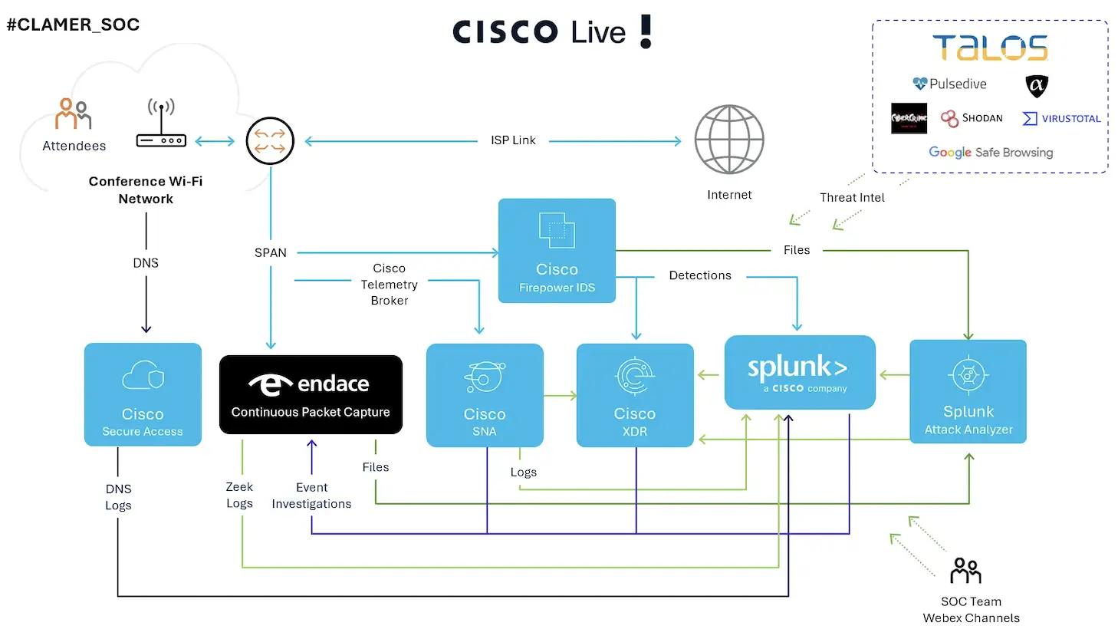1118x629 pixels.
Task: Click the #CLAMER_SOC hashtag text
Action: (x=73, y=25)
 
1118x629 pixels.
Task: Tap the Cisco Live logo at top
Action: (x=551, y=32)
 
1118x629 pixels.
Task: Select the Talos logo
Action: (x=990, y=48)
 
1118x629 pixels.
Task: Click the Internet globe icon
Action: (x=728, y=140)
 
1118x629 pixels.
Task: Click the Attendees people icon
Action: (x=73, y=114)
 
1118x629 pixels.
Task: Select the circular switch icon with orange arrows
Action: (x=270, y=140)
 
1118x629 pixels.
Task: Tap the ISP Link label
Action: (x=513, y=140)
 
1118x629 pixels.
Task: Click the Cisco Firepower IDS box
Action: (x=557, y=251)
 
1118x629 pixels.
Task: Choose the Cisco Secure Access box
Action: (x=143, y=394)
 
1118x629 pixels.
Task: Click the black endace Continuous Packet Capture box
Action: (x=311, y=394)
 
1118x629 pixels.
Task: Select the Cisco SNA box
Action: (x=485, y=394)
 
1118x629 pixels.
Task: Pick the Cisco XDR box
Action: (x=635, y=394)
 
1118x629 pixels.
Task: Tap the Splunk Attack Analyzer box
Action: (x=968, y=391)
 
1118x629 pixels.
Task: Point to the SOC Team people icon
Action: (x=965, y=571)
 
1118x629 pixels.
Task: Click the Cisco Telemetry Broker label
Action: (x=390, y=285)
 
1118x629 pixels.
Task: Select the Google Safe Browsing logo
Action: (x=991, y=153)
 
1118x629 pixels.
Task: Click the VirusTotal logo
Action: (x=1062, y=118)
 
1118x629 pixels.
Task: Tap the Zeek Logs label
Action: (x=239, y=495)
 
